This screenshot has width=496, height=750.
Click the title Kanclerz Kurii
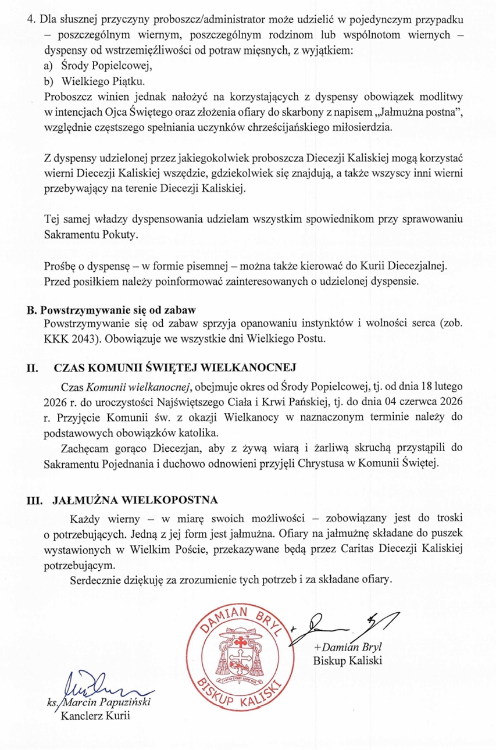(95, 715)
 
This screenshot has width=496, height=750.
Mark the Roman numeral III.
(35, 499)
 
